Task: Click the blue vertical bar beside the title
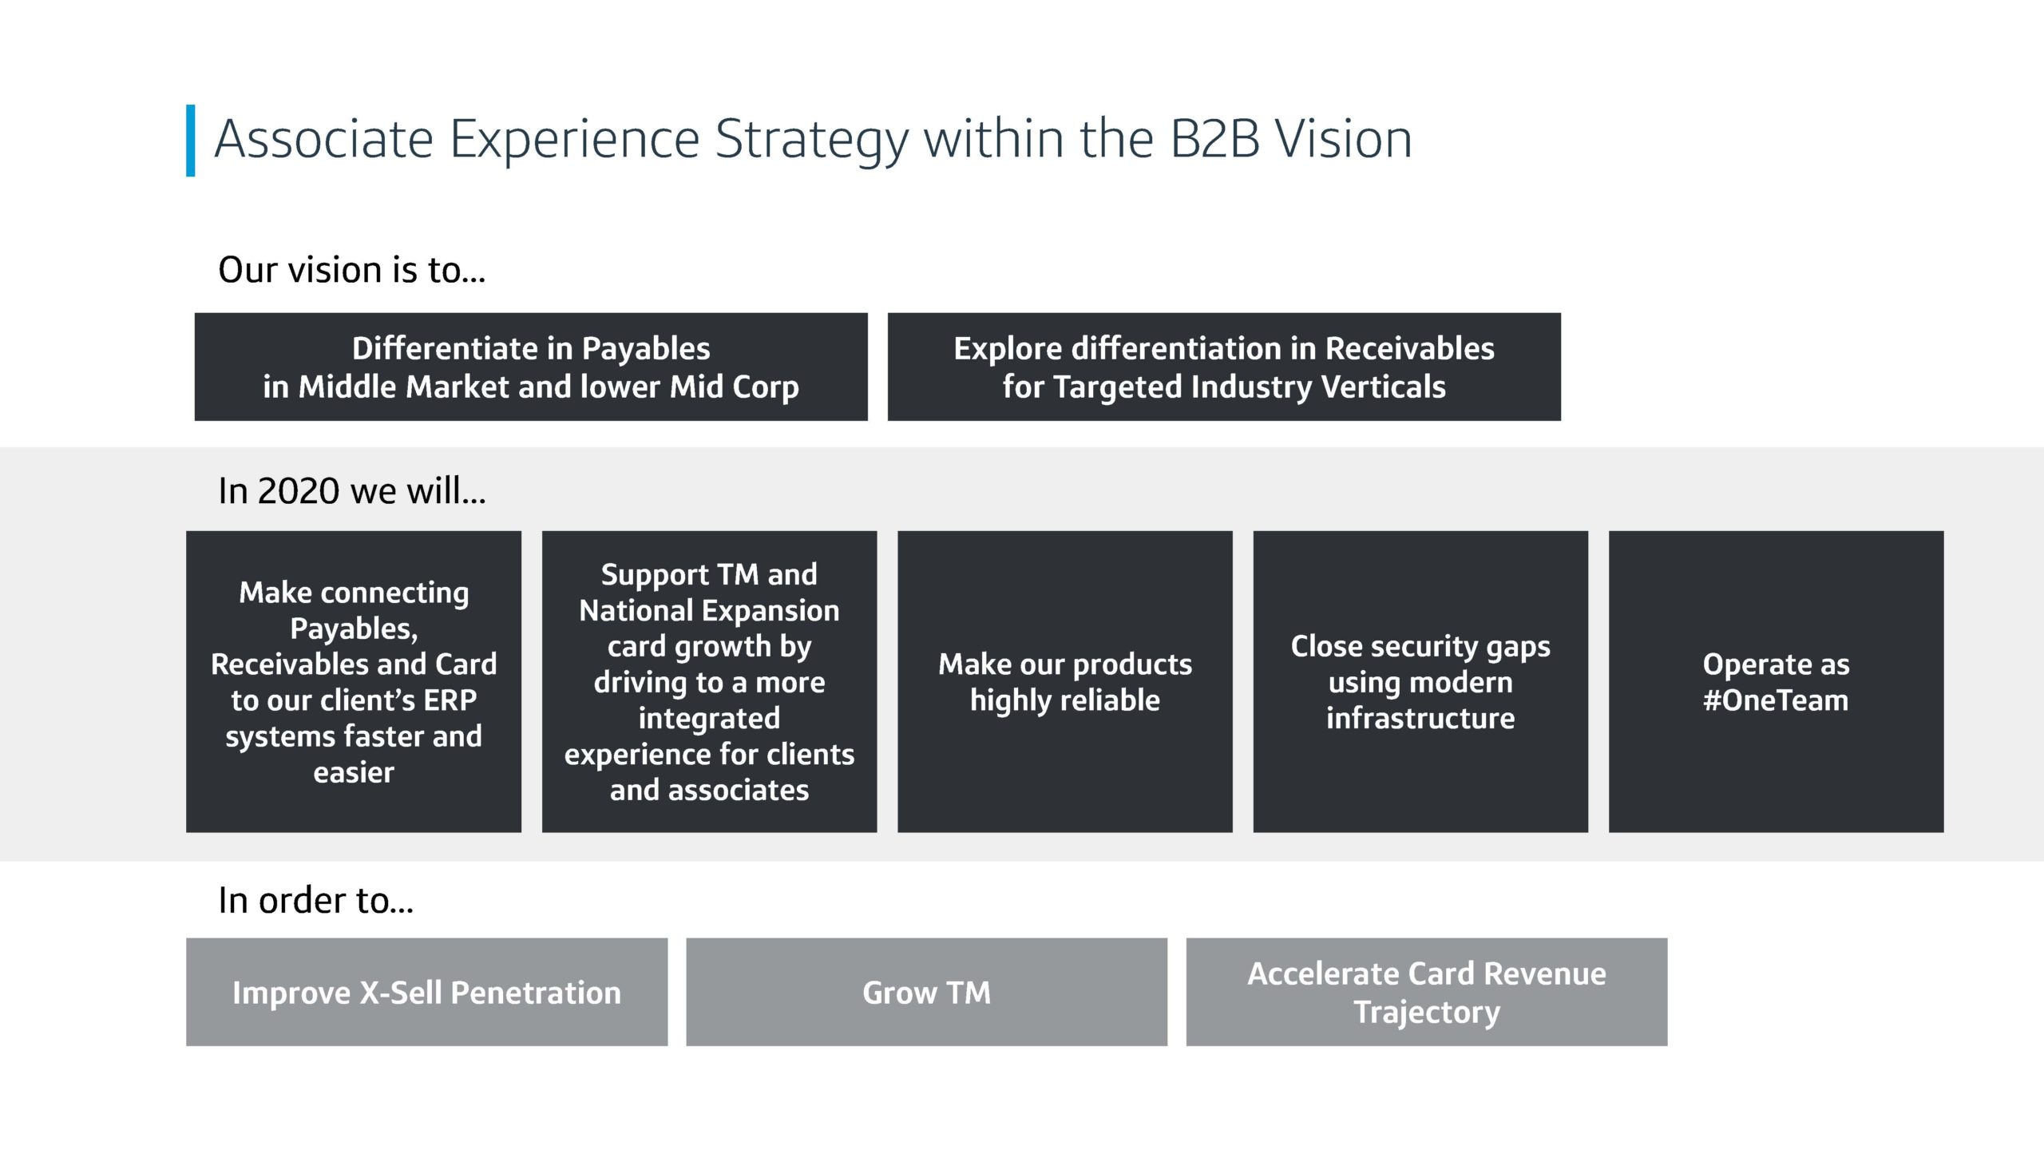point(190,141)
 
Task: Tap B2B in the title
point(1214,140)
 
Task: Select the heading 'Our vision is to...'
point(351,270)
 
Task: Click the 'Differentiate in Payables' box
point(531,367)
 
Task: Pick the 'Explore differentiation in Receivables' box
point(1224,367)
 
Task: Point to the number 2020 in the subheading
point(299,490)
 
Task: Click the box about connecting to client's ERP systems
point(354,681)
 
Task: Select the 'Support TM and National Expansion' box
point(709,681)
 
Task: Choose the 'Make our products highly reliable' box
point(1065,681)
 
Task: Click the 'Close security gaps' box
point(1420,681)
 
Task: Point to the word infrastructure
point(1420,718)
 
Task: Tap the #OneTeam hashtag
point(1776,700)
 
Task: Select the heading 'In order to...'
point(316,900)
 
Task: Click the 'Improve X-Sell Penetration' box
point(426,992)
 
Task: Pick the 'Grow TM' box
point(926,992)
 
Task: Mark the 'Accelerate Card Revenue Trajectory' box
point(1427,992)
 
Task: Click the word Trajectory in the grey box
point(1427,1013)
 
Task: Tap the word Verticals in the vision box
point(1383,387)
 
